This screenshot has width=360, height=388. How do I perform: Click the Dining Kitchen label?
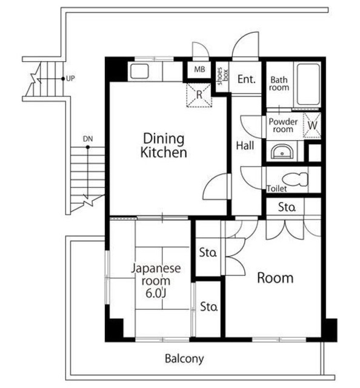pyautogui.click(x=164, y=145)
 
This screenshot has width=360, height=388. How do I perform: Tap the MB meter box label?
pyautogui.click(x=199, y=69)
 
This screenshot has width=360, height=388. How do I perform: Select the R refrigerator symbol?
pyautogui.click(x=199, y=95)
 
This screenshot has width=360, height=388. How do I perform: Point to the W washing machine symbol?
pyautogui.click(x=312, y=125)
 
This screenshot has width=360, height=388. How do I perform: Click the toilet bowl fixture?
pyautogui.click(x=295, y=179)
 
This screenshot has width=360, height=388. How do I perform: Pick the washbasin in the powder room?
pyautogui.click(x=282, y=152)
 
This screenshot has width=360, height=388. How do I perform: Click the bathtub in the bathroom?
pyautogui.click(x=308, y=84)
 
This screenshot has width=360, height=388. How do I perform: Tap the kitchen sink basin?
pyautogui.click(x=139, y=72)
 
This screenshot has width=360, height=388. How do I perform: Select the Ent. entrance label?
pyautogui.click(x=247, y=79)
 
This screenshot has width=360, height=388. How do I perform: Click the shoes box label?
pyautogui.click(x=222, y=76)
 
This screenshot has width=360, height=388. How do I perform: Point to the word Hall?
pyautogui.click(x=245, y=145)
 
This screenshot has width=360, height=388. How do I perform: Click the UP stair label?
pyautogui.click(x=70, y=79)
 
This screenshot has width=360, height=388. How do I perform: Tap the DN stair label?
pyautogui.click(x=88, y=139)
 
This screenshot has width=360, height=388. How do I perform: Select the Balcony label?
pyautogui.click(x=184, y=358)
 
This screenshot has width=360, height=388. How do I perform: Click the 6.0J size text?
pyautogui.click(x=155, y=293)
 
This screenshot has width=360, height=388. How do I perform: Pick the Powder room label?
pyautogui.click(x=283, y=125)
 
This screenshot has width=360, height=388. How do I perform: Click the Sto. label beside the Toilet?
pyautogui.click(x=287, y=207)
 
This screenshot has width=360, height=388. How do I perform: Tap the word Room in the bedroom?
pyautogui.click(x=275, y=278)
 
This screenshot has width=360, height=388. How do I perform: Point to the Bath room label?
pyautogui.click(x=279, y=84)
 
